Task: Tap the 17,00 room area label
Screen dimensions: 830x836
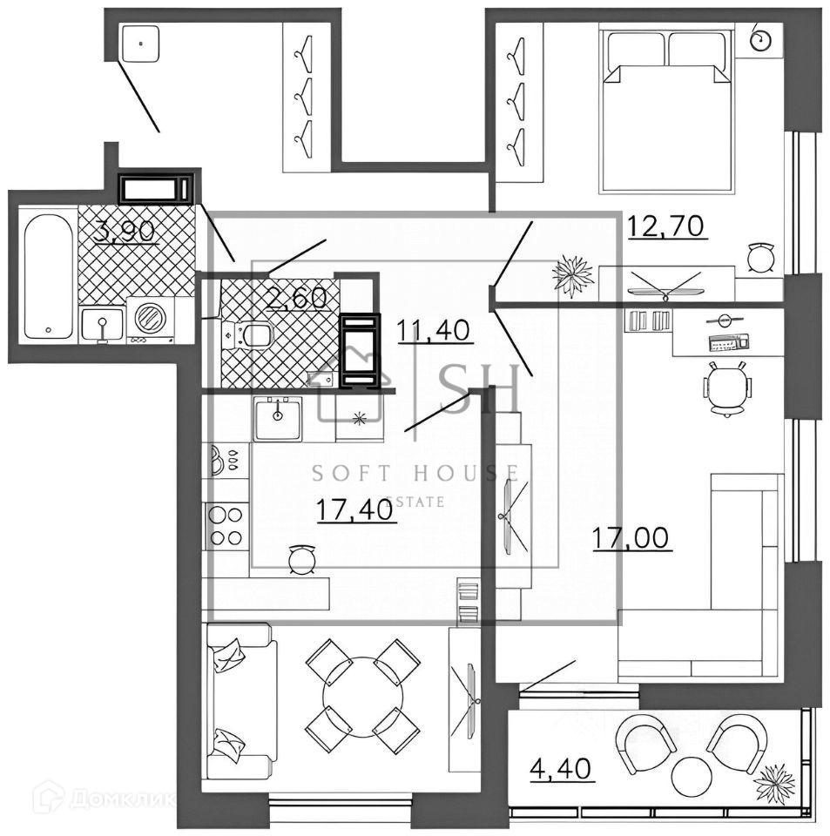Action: pos(631,538)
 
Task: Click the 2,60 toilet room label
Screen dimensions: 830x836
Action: pos(297,298)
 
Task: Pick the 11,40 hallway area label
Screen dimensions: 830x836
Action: pos(434,331)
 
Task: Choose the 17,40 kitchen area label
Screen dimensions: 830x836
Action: pos(357,509)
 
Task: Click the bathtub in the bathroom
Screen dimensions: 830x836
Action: pos(48,274)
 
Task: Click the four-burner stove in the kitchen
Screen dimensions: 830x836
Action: pos(225,526)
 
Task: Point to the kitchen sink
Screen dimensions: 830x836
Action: pos(278,419)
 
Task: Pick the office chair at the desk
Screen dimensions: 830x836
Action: pos(727,388)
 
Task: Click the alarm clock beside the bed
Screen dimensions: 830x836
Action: pos(762,39)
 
